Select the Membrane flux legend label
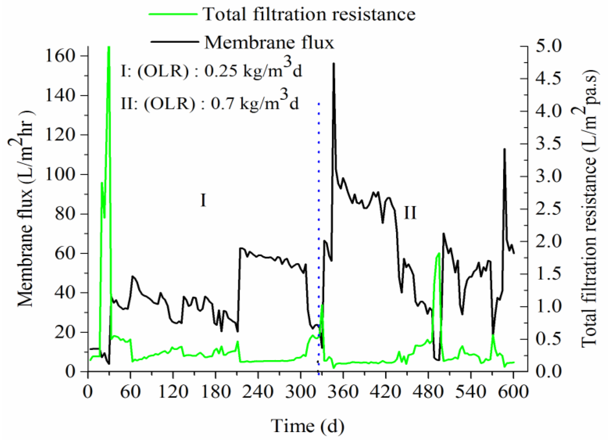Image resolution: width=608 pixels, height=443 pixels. coord(269,42)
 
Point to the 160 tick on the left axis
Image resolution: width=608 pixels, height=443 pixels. coord(60,56)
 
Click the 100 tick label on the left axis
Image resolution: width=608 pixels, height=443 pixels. coord(60,175)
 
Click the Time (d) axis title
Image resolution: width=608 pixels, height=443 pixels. coord(307,426)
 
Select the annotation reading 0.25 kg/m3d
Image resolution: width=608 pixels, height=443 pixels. coord(253,71)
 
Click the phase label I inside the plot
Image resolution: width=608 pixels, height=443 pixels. coord(203,200)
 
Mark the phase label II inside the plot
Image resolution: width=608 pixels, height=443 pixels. coord(410,213)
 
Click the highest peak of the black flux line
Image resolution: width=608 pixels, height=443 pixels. coord(334,64)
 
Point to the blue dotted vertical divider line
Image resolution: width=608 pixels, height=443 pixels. coord(319,214)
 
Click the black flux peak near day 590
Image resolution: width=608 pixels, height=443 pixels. coord(504,149)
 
